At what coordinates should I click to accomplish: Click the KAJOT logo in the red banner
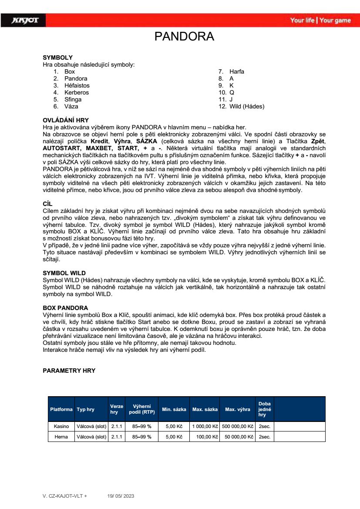coord(26,20)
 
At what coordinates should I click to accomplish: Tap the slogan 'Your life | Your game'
coord(320,20)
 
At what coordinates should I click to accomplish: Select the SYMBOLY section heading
coord(57,57)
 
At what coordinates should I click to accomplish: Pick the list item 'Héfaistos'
coord(77,85)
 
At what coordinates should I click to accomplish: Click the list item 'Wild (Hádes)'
coord(247,106)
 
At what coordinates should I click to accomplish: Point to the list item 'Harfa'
coord(237,71)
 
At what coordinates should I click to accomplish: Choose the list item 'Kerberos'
coord(77,92)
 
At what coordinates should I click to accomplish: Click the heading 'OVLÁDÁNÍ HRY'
coord(65,120)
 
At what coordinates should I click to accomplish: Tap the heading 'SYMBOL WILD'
coord(64,273)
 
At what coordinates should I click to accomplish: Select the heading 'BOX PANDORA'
coord(65,308)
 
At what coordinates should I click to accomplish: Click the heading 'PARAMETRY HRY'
coord(69,371)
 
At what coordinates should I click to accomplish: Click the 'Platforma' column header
coord(61,409)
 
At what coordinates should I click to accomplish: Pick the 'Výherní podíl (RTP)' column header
coord(142,409)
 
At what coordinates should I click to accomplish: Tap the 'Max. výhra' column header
coord(237,409)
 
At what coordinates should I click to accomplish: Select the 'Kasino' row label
coord(61,426)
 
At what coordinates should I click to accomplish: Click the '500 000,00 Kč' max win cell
coord(237,426)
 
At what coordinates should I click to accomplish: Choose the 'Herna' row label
coord(61,437)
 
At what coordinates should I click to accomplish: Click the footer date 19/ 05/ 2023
coord(120,496)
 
